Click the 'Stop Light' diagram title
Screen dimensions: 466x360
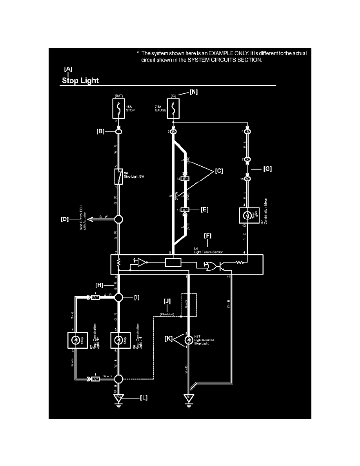coord(80,81)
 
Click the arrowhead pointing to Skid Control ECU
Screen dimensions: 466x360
coord(90,218)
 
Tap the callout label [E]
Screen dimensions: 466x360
coord(204,210)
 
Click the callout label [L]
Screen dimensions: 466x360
coord(144,397)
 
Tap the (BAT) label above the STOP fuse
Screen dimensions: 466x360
coord(119,95)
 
